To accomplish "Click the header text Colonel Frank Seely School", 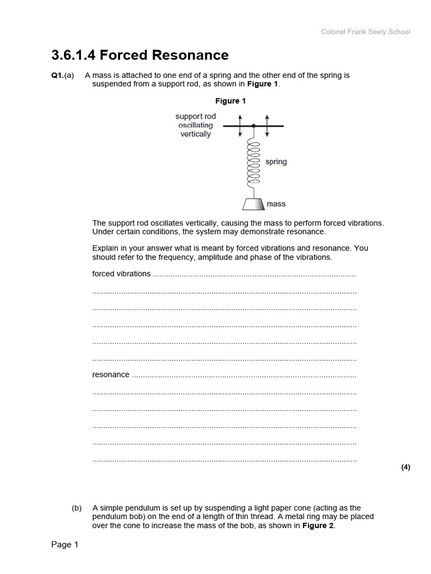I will [365, 32].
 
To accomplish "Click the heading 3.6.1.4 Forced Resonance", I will [140, 55].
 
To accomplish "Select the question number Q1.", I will [57, 75].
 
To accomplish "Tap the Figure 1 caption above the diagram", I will [231, 101].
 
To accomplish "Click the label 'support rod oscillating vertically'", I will [195, 126].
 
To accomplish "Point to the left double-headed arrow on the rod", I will [240, 126].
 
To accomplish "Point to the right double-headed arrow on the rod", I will [267, 126].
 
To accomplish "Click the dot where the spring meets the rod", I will [254, 126].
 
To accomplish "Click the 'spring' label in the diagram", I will [276, 162].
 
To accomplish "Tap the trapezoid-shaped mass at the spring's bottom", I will [253, 203].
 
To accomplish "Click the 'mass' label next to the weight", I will [276, 204].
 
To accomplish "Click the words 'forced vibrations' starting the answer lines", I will [121, 274].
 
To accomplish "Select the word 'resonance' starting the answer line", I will [111, 374].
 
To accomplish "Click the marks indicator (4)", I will [406, 467].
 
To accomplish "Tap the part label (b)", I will [77, 508].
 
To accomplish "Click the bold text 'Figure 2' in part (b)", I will [318, 526].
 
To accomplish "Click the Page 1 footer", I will [65, 545].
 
